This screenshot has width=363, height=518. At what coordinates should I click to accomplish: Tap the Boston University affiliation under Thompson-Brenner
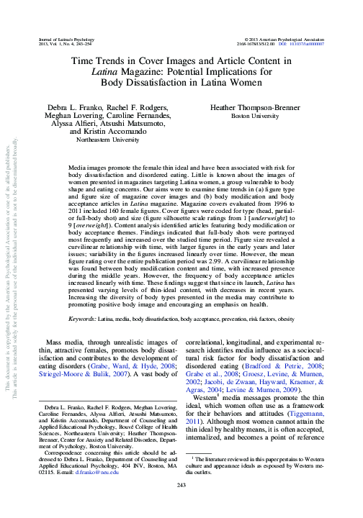tap(250, 115)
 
